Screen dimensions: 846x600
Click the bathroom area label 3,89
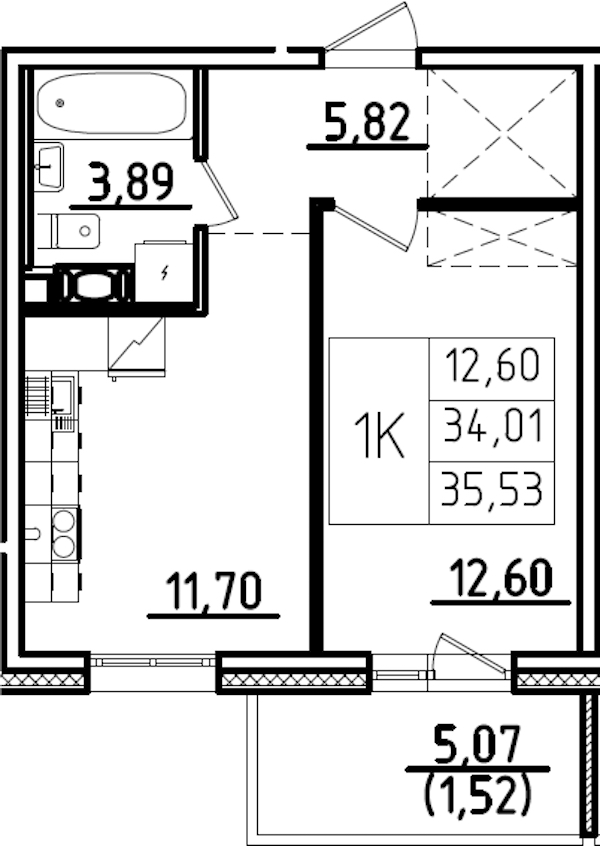(x=131, y=183)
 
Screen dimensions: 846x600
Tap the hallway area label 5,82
(x=367, y=124)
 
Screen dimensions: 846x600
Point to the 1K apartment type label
(x=379, y=437)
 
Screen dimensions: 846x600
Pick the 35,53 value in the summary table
(x=492, y=490)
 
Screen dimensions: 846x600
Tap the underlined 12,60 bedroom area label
(x=501, y=579)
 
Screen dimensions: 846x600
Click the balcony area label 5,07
(x=479, y=745)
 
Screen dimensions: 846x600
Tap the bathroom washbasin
(x=49, y=162)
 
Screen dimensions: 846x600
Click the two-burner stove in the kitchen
(x=64, y=531)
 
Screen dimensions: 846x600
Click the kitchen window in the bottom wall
(x=153, y=661)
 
